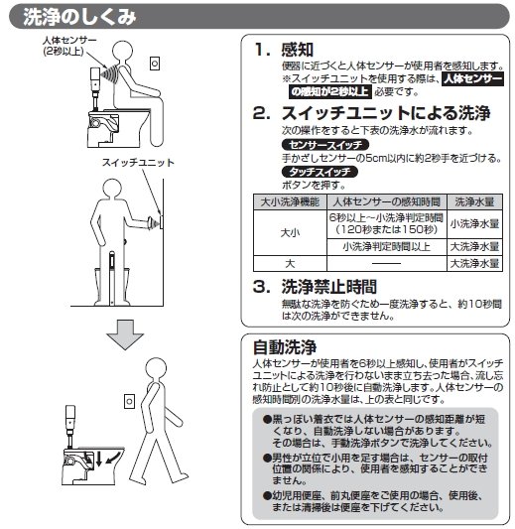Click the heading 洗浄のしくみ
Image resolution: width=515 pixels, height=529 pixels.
tap(79, 17)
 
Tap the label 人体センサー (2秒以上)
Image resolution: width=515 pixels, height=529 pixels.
tap(69, 46)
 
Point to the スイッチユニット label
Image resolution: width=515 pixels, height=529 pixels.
tap(138, 163)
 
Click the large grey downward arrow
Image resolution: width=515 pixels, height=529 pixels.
tap(125, 334)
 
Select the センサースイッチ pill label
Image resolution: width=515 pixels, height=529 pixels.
tap(325, 145)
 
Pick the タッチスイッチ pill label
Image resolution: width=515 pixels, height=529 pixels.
tap(320, 172)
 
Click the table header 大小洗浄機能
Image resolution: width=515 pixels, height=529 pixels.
tap(290, 202)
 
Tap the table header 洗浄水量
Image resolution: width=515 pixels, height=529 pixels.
tap(474, 202)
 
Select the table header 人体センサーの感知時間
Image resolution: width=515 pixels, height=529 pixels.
tap(387, 202)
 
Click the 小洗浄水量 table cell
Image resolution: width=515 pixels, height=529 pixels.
tap(474, 224)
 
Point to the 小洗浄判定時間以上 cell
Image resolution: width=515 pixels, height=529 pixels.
tap(387, 247)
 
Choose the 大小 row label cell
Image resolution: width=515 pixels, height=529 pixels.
tap(290, 233)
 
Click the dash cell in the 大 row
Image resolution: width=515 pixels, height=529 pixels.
tap(387, 263)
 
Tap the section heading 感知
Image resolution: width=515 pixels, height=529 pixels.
tap(298, 50)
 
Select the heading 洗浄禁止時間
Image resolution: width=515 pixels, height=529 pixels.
tap(328, 287)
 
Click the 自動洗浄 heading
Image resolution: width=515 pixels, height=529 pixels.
tap(285, 347)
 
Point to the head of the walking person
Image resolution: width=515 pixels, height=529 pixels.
tap(156, 369)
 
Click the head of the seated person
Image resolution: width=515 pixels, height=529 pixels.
tap(122, 51)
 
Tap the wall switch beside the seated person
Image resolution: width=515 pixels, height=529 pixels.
tap(155, 64)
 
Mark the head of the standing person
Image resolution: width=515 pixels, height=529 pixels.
tap(112, 189)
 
